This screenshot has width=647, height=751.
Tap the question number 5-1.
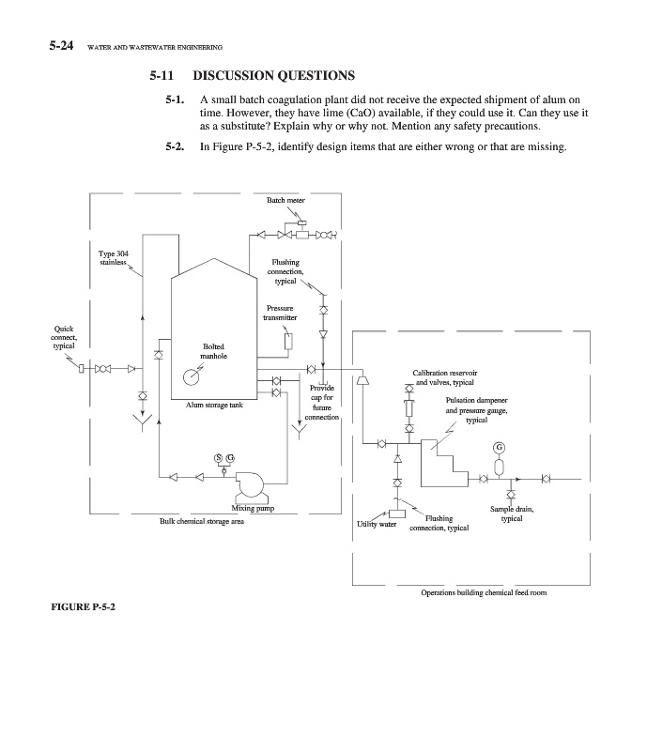[178, 99]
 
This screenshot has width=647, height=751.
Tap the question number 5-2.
[178, 145]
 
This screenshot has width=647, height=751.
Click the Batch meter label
[285, 200]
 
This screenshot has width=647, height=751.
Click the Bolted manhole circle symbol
[193, 377]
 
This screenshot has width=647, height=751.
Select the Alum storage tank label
[214, 405]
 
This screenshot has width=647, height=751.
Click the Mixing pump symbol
[251, 484]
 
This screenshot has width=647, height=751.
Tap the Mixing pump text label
[253, 509]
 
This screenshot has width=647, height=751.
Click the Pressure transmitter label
[281, 313]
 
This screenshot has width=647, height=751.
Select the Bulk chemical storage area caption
[202, 521]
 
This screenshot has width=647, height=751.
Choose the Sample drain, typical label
[512, 513]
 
